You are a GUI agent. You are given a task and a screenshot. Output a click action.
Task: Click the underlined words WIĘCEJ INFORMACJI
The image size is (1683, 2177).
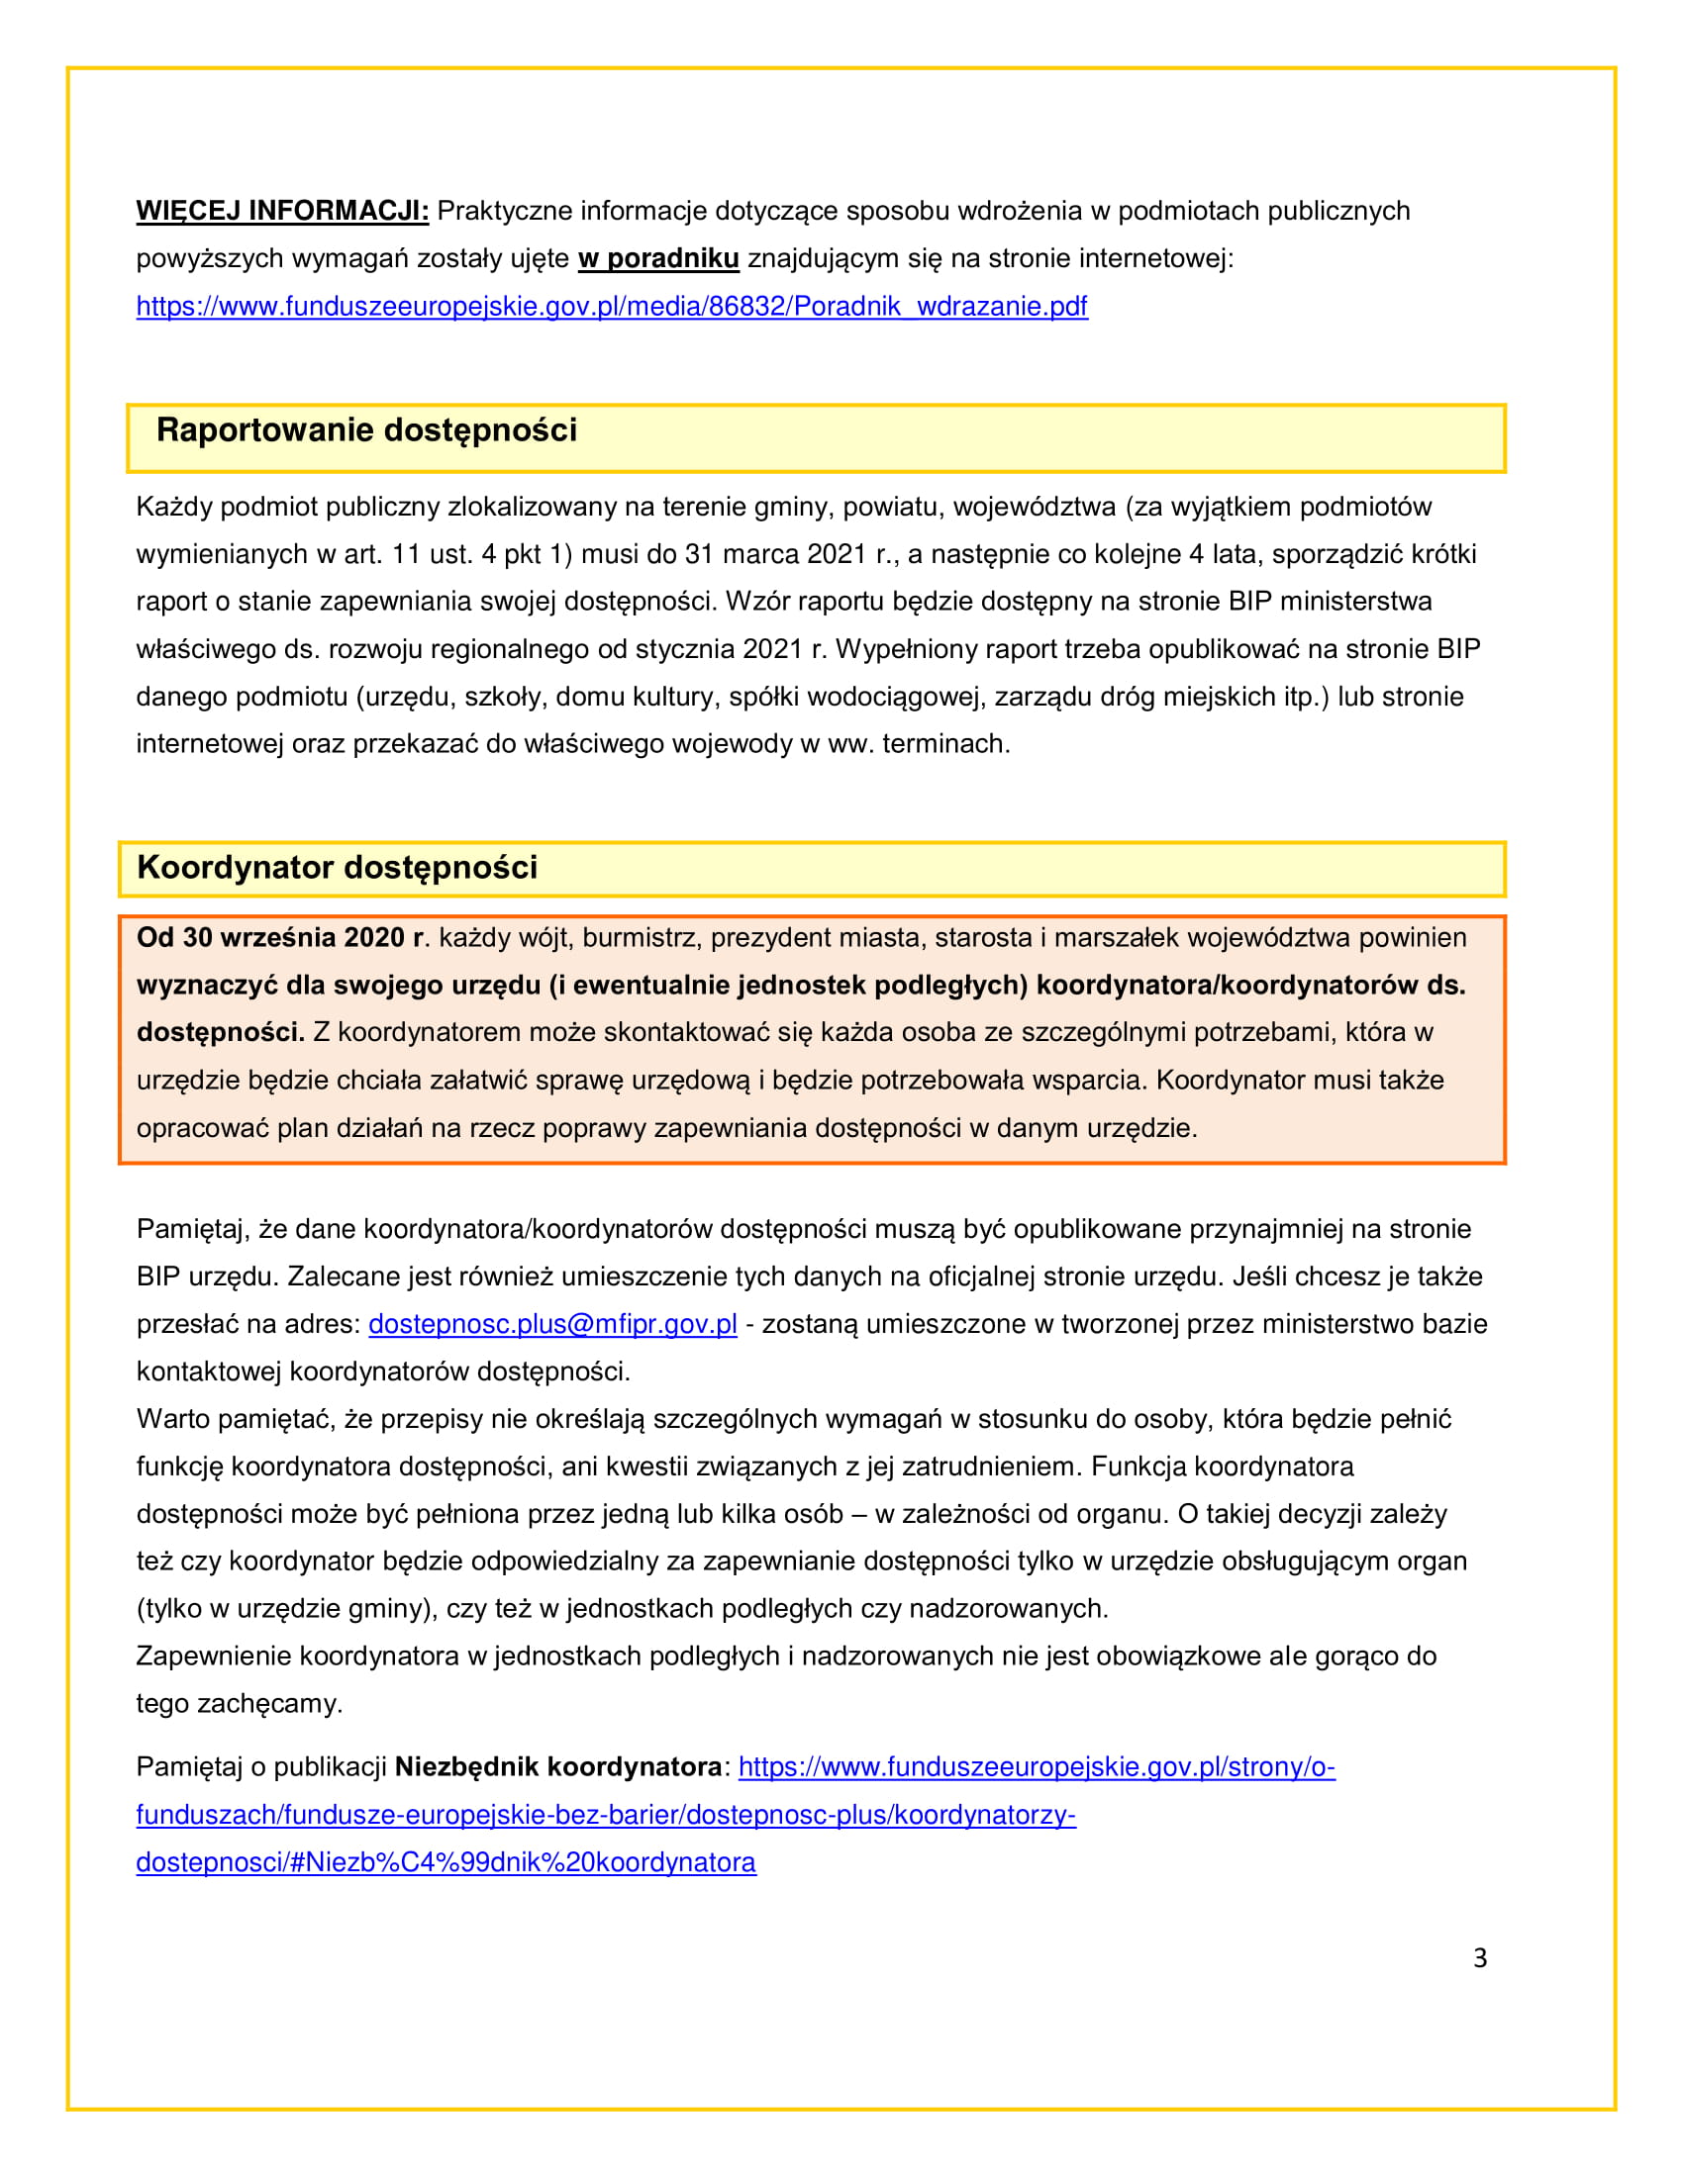(x=282, y=212)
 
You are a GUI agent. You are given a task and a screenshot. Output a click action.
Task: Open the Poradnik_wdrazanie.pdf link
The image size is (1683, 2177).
(x=611, y=306)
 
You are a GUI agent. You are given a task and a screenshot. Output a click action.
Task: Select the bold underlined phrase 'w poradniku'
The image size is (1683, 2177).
(x=658, y=259)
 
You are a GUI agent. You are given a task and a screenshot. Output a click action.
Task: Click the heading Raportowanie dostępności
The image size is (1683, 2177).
(x=366, y=430)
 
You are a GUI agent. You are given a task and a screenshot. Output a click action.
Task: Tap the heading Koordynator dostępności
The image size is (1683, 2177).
(x=337, y=867)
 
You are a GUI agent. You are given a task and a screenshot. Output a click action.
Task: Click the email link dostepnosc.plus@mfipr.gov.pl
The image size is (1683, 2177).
(x=552, y=1324)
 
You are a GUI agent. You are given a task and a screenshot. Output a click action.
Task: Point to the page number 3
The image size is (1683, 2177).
(x=1480, y=1958)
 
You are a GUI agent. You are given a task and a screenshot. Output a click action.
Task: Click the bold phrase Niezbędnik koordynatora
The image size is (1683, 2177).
(x=558, y=1767)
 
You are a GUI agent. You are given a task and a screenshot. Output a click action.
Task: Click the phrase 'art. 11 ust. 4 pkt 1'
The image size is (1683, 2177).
(x=452, y=554)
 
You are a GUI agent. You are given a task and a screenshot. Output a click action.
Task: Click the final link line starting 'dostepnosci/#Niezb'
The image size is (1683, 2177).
(x=445, y=1862)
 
